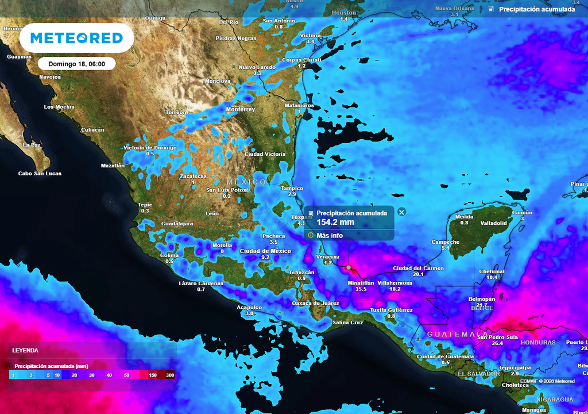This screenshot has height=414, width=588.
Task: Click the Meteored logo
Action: tap(76, 38)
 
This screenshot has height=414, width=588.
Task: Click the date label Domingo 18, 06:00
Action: tap(76, 64)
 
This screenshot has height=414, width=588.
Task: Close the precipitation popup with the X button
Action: tap(401, 212)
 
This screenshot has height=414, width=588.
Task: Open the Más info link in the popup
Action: tap(330, 235)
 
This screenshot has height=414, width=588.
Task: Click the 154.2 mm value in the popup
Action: tap(335, 222)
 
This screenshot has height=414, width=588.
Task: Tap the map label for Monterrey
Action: tap(240, 109)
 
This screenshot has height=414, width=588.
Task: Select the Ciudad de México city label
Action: tap(265, 251)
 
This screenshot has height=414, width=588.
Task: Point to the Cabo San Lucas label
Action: tap(40, 173)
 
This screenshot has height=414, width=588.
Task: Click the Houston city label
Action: tap(344, 13)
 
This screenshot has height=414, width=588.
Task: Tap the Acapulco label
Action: tap(249, 307)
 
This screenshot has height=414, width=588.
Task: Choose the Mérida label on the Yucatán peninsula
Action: tap(464, 216)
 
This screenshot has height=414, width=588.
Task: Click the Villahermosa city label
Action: tap(395, 283)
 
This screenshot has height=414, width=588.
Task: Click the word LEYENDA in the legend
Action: tap(25, 350)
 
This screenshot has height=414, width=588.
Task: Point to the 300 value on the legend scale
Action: tap(169, 375)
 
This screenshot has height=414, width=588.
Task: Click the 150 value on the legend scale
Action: tap(153, 375)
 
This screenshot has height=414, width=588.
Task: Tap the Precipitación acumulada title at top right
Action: tap(536, 9)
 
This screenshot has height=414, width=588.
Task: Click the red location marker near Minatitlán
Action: tap(348, 267)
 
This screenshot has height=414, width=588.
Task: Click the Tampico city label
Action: tap(292, 188)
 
